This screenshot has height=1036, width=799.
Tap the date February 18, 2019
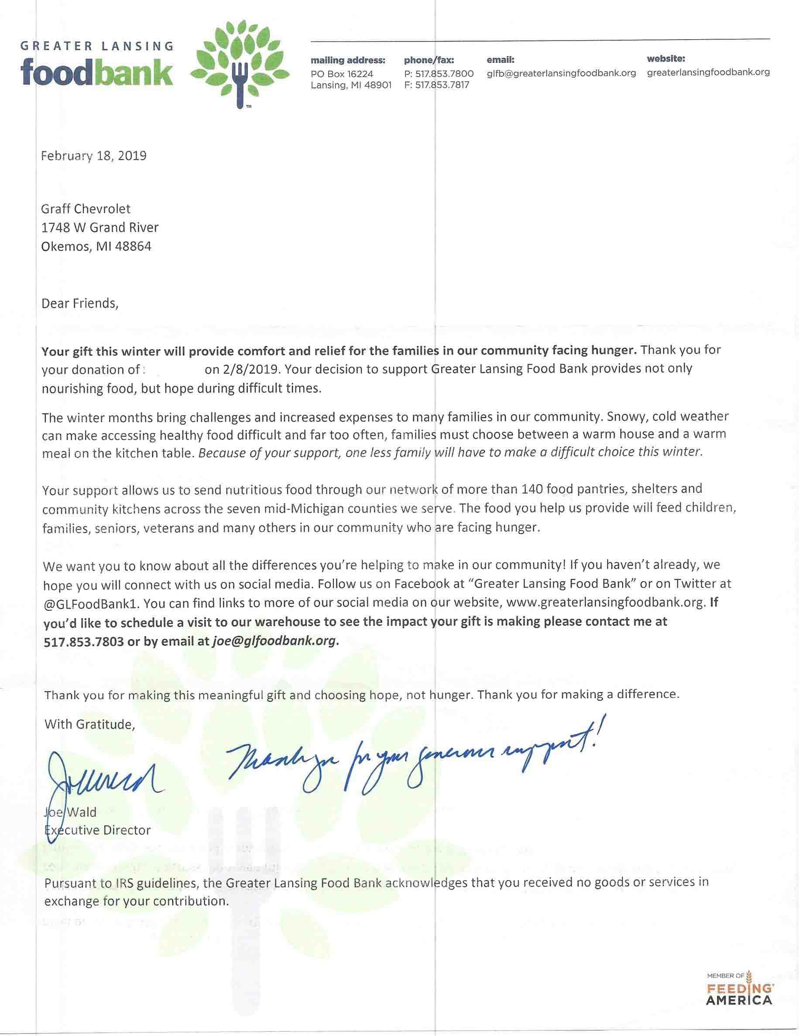pyautogui.click(x=93, y=156)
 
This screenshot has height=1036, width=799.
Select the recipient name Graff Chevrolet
pyautogui.click(x=86, y=209)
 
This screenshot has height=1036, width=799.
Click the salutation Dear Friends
pyautogui.click(x=80, y=303)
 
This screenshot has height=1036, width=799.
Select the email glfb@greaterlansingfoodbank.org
pyautogui.click(x=561, y=73)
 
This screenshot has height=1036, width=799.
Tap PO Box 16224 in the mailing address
pyautogui.click(x=342, y=74)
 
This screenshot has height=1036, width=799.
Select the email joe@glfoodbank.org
pyautogui.click(x=274, y=641)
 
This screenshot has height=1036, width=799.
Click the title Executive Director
pyautogui.click(x=97, y=830)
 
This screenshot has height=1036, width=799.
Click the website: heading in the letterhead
pyautogui.click(x=666, y=59)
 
